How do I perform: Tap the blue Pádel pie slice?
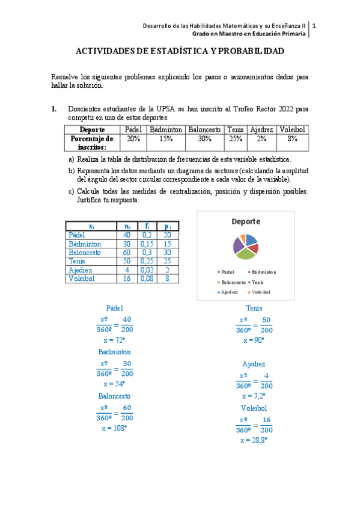251,240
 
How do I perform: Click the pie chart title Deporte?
246,221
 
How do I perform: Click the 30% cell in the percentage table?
205,138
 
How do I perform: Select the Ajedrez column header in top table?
261,129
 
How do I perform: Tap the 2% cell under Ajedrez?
261,138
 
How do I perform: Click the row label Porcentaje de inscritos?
92,143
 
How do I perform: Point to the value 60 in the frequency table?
127,253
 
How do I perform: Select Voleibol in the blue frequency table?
82,279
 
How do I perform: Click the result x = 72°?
114,340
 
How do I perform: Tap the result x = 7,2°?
254,396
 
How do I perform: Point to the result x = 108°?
114,428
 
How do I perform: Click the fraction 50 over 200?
267,325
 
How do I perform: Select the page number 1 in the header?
314,26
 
